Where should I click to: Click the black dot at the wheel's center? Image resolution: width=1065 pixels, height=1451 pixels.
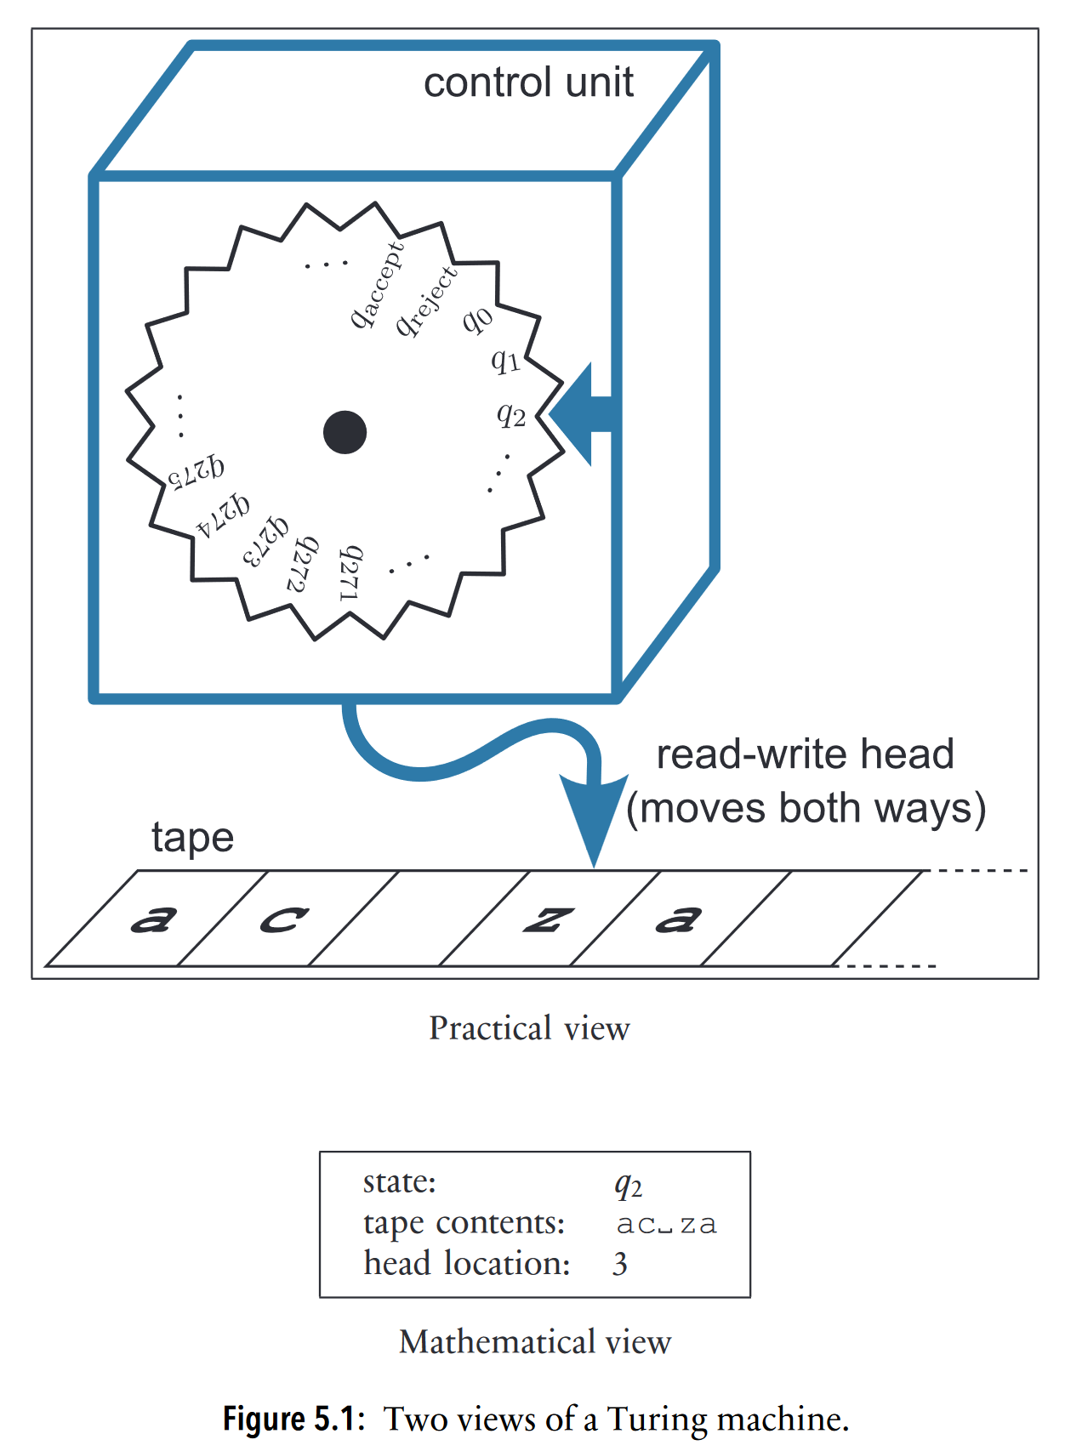tap(345, 431)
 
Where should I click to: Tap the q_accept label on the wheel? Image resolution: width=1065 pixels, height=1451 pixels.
tap(377, 286)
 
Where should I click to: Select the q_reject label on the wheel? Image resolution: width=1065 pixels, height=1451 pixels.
tap(427, 301)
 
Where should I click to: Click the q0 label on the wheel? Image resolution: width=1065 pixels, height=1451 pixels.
tap(477, 320)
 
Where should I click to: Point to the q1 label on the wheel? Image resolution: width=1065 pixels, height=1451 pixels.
tap(505, 361)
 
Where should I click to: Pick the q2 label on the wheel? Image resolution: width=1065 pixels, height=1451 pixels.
tap(511, 415)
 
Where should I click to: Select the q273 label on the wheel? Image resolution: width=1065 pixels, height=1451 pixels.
tap(265, 541)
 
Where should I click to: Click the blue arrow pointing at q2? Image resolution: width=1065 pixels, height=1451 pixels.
tap(587, 414)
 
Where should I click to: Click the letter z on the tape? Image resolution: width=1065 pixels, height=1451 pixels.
tap(548, 919)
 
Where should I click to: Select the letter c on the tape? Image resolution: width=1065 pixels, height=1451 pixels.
tap(283, 919)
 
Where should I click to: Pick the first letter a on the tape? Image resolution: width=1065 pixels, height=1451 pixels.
tap(154, 919)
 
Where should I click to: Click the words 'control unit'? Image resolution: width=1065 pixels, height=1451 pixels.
tap(528, 83)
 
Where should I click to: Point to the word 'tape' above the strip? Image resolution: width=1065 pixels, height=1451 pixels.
tap(192, 838)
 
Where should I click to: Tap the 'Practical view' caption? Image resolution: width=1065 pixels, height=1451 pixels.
tap(529, 1028)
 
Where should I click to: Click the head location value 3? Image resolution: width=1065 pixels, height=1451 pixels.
tap(619, 1264)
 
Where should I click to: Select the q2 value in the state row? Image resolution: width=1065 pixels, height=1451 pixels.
tap(628, 1185)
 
